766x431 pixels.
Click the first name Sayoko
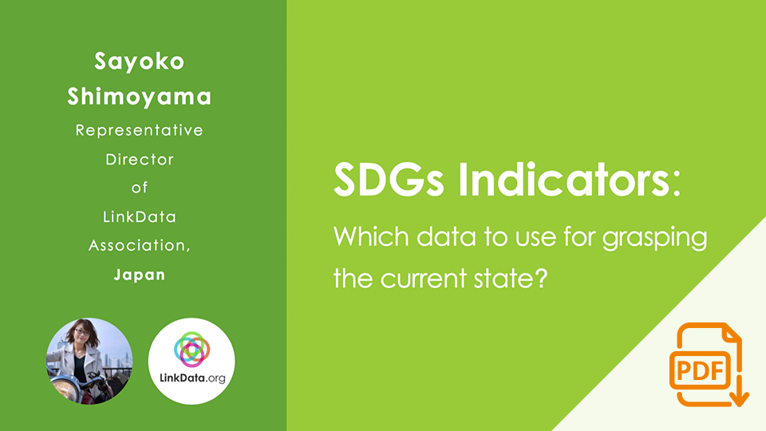tap(139, 62)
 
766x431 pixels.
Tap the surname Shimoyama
tap(139, 97)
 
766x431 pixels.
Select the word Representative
tap(139, 130)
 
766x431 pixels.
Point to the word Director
tap(139, 160)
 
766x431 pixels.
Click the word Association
tap(138, 245)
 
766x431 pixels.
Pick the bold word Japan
tap(139, 275)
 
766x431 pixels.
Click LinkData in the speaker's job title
tap(139, 216)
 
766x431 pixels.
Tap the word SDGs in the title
tap(389, 180)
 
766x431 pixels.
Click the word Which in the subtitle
tap(371, 237)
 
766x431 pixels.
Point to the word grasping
tap(654, 239)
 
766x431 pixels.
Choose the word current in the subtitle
tap(424, 279)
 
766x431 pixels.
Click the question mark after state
tap(540, 278)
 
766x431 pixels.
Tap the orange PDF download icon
tap(709, 365)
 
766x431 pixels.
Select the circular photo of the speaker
tap(89, 361)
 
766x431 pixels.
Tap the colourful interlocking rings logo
tap(191, 349)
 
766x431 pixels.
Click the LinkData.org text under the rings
tap(192, 378)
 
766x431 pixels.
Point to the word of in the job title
tap(139, 188)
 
